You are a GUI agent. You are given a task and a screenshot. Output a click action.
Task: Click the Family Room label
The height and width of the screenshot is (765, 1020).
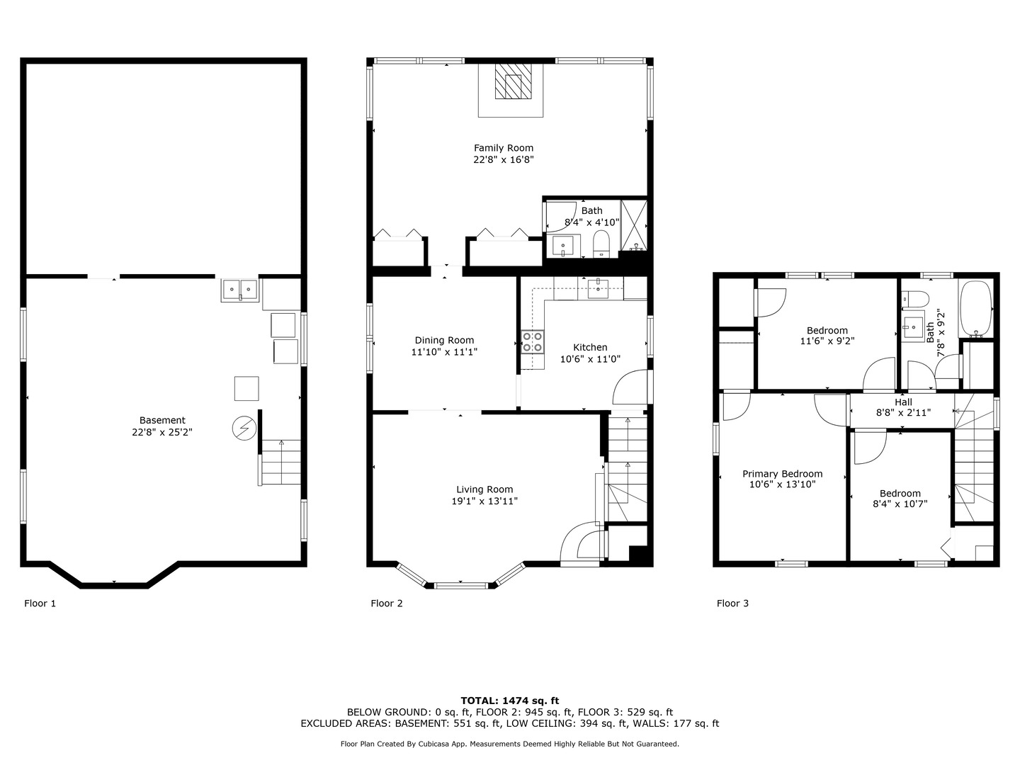[x=503, y=148]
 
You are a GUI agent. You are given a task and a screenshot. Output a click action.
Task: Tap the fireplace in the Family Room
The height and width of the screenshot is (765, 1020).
[x=513, y=81]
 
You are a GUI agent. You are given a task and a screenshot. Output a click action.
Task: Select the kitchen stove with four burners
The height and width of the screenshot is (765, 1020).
[x=533, y=342]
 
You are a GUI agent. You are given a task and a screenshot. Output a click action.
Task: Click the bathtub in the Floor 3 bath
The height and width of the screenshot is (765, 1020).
[x=976, y=309]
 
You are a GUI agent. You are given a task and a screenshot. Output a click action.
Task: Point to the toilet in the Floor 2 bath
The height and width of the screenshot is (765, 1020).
[x=601, y=244]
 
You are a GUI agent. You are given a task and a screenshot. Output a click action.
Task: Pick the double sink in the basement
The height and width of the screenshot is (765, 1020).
[x=240, y=290]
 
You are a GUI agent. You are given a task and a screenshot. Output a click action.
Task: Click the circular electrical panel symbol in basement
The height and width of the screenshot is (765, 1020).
[x=244, y=428]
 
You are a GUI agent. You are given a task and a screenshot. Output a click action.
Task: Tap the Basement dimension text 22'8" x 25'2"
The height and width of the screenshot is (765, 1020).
[x=162, y=432]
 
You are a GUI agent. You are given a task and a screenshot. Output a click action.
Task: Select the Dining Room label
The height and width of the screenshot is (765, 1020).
[x=444, y=341]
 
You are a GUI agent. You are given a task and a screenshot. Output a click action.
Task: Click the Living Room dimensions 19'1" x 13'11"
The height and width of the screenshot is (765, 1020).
[x=484, y=501]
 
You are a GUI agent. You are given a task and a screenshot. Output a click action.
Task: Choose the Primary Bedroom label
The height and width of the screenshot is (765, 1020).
[x=783, y=474]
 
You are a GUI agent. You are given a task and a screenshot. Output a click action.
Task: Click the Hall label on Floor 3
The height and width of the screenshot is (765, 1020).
[x=903, y=402]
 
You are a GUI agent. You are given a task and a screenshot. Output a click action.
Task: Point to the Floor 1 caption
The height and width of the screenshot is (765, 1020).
[x=40, y=603]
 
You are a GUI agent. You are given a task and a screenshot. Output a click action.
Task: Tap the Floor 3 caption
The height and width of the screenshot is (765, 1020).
[x=733, y=603]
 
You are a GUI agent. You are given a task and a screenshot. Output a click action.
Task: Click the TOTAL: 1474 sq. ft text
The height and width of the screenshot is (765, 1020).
[x=510, y=701]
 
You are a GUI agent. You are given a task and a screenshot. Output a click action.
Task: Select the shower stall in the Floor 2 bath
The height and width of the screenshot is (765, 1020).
[x=634, y=226]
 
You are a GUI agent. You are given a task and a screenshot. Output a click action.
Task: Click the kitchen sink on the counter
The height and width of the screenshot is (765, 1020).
[x=598, y=289]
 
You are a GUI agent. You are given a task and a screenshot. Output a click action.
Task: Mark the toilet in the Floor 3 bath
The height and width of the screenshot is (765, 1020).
[x=915, y=298]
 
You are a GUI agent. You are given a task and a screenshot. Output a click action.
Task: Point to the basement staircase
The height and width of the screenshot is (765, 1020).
[x=280, y=462]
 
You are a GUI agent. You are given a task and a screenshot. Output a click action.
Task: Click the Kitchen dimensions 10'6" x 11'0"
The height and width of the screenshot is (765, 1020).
[x=590, y=359]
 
